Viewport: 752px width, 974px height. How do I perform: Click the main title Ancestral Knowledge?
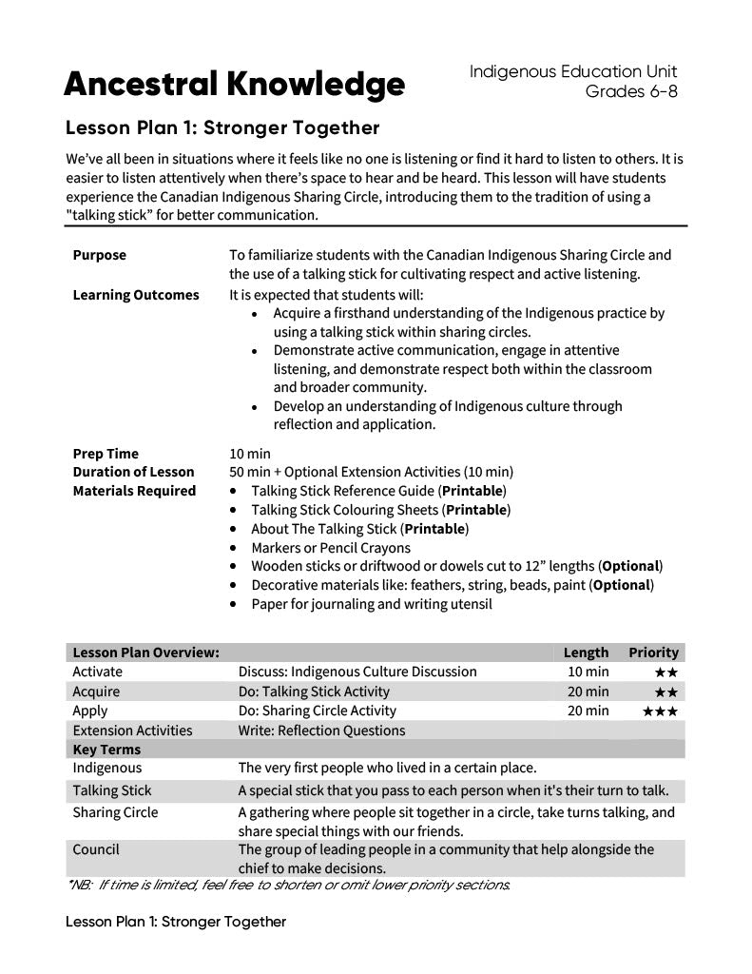234,86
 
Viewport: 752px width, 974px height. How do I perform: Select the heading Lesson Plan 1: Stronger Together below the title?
222,127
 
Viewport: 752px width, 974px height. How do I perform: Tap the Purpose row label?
99,255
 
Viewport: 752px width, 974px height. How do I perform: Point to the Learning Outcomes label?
136,295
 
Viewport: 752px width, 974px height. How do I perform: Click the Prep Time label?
106,454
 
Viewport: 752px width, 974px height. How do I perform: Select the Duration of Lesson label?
133,472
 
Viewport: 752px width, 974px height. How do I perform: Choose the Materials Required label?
134,491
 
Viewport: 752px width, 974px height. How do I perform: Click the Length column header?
586,653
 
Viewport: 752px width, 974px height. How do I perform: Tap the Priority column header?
653,653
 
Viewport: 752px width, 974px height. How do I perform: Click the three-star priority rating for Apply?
660,711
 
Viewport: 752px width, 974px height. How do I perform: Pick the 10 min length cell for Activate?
588,672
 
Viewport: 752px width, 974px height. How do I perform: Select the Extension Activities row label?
132,730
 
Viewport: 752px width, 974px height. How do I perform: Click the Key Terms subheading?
106,750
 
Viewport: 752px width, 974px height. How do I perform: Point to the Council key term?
96,849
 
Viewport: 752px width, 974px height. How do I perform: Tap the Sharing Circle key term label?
115,812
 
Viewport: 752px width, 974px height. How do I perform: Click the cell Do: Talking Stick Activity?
314,692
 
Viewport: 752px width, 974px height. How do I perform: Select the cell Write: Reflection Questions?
321,730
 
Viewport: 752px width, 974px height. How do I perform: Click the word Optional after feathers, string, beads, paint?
622,585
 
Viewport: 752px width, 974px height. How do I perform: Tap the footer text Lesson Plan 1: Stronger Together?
176,922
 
